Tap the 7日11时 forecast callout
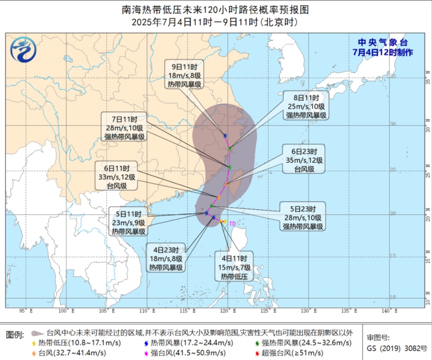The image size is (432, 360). (x=125, y=128)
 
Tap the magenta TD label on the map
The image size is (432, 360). (x=232, y=223)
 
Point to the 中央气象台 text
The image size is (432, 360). (x=382, y=43)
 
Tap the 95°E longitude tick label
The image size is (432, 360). (x=23, y=310)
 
